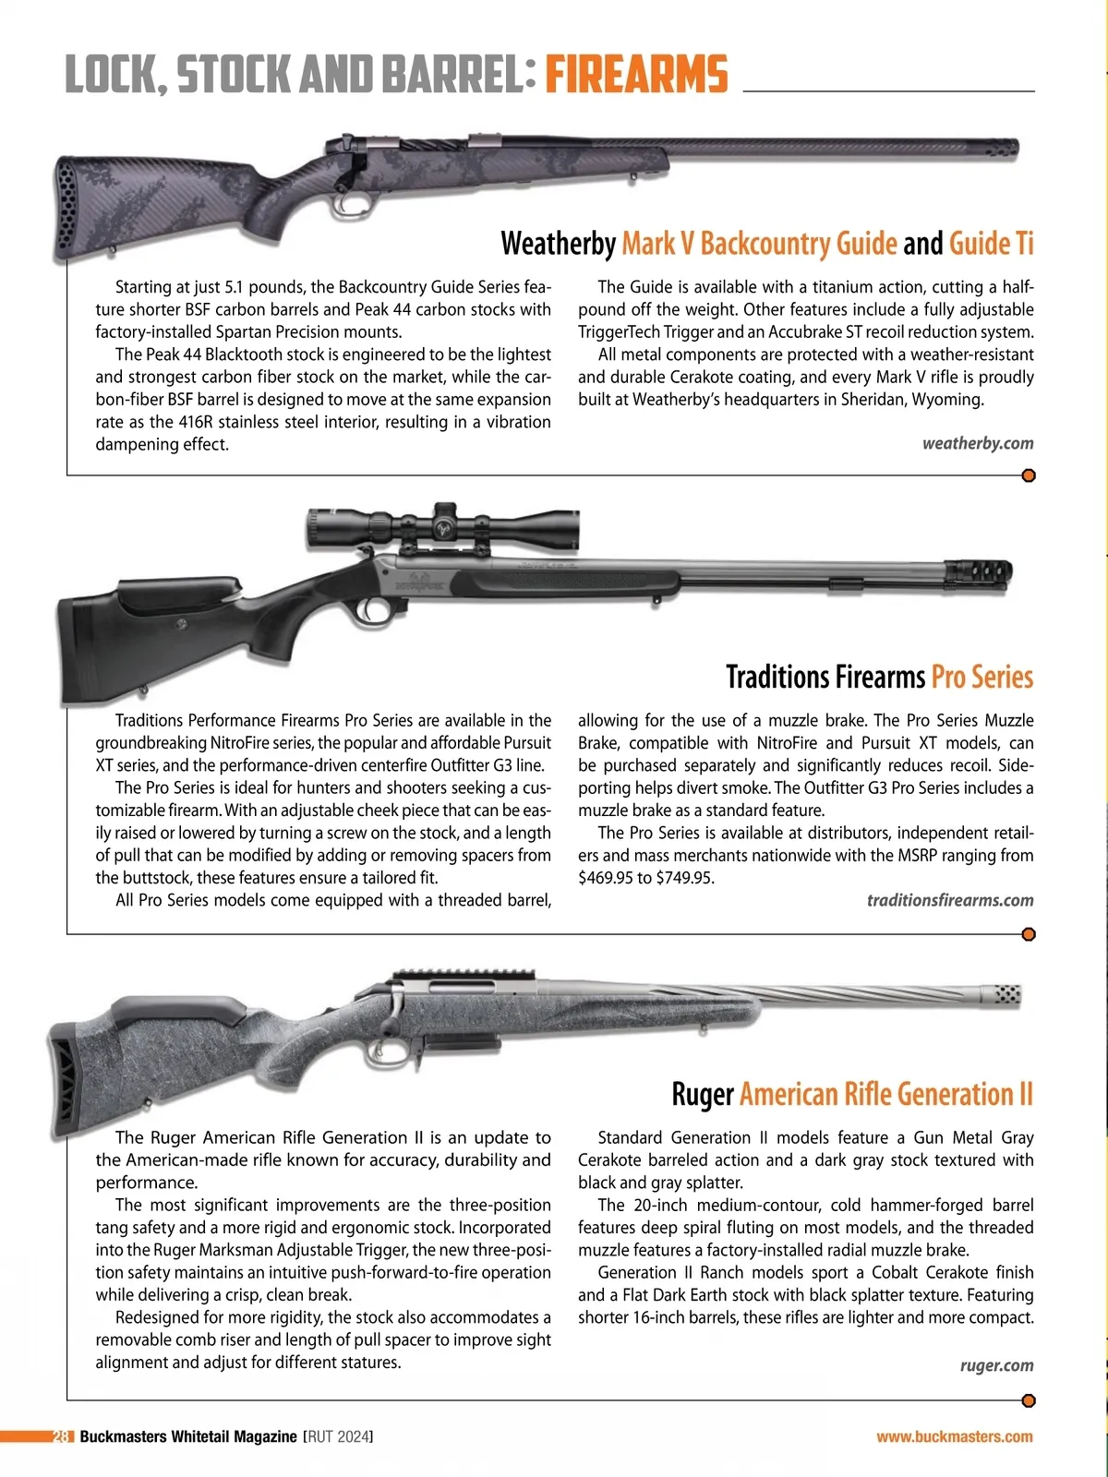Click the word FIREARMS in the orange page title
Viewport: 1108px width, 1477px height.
point(636,75)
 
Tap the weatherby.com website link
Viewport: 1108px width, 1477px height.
point(978,444)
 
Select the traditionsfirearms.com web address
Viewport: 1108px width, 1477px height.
point(950,900)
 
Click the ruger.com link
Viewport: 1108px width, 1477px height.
point(996,1365)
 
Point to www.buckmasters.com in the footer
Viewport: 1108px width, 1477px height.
point(954,1436)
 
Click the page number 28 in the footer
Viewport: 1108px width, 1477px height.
point(61,1436)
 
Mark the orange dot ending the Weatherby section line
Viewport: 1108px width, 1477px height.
point(1029,476)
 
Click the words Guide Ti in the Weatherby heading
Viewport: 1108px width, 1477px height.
point(991,244)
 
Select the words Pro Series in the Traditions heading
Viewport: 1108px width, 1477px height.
point(982,677)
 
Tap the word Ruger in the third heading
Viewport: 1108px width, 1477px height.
point(702,1095)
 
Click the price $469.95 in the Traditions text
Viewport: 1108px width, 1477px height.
point(612,878)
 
